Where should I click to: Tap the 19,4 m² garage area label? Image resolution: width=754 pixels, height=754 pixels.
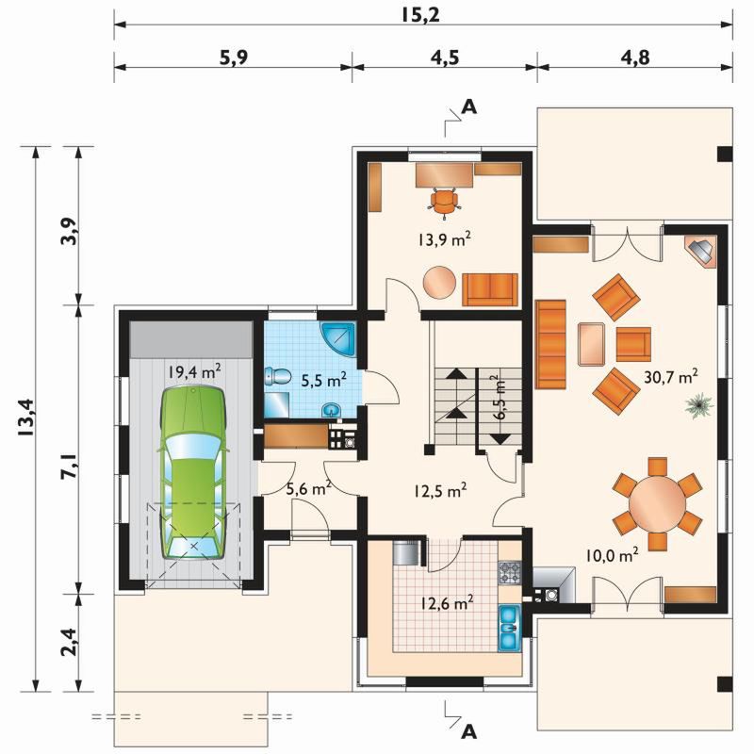click(195, 371)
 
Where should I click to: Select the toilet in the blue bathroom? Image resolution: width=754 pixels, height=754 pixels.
click(278, 376)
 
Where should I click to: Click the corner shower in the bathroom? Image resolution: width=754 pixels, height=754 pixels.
click(338, 338)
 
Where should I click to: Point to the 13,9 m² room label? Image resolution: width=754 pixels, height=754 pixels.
click(444, 239)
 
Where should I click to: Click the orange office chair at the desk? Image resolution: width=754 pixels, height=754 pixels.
click(444, 202)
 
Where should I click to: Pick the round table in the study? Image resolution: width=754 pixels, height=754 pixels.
click(439, 283)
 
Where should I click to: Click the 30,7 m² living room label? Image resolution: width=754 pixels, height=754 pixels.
click(671, 378)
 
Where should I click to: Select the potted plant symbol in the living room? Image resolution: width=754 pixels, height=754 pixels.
click(698, 405)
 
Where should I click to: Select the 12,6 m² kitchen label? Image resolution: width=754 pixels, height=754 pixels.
click(447, 603)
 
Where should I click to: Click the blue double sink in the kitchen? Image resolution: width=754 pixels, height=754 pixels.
click(509, 627)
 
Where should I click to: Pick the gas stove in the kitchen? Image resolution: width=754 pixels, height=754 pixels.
click(510, 573)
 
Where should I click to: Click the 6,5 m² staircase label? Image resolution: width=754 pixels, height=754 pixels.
click(500, 399)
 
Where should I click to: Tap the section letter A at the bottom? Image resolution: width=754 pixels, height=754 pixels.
click(468, 731)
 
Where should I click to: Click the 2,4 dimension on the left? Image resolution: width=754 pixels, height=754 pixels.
click(70, 643)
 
